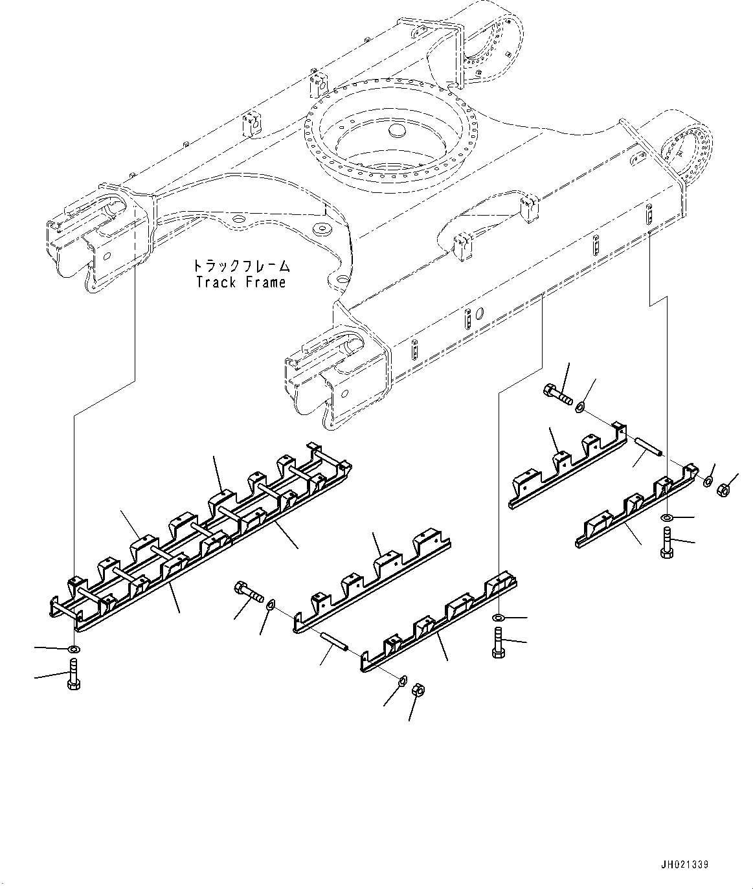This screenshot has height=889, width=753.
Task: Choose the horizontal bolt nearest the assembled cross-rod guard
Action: (x=250, y=591)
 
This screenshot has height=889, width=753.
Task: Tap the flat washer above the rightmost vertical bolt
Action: (x=667, y=517)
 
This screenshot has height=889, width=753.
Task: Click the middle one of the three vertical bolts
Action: (x=498, y=642)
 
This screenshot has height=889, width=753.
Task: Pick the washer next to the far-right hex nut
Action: (x=710, y=482)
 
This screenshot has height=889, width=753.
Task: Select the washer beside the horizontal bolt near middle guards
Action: (x=270, y=605)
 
